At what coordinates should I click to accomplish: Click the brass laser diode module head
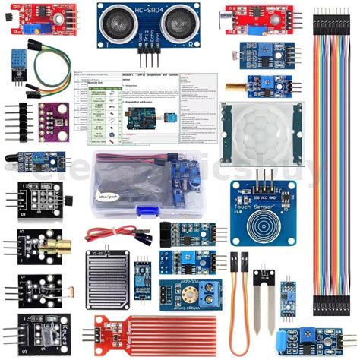tap(40, 246)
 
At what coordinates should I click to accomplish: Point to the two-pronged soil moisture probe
tap(264, 304)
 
